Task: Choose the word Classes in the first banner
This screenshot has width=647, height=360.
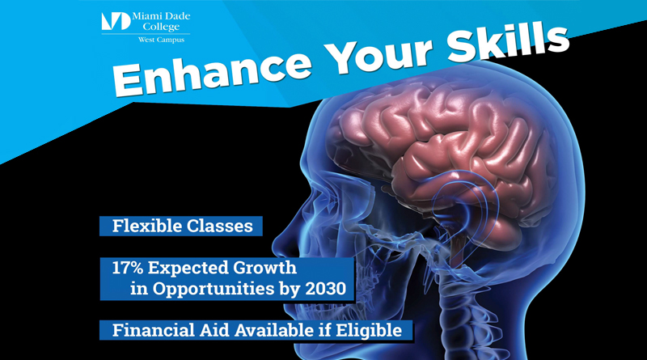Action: coord(218,227)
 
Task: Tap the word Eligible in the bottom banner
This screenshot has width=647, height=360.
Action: coord(369,330)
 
